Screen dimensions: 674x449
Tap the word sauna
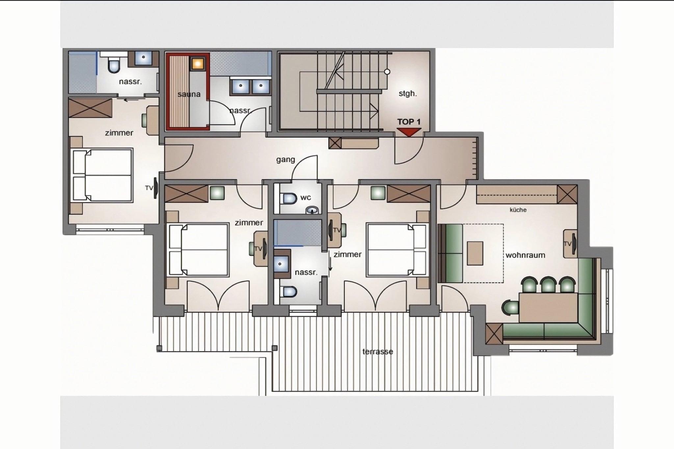pos(189,94)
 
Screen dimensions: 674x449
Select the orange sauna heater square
pos(198,63)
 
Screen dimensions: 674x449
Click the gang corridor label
pos(285,160)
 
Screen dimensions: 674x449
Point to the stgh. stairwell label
pos(408,93)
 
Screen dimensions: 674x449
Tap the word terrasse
pos(378,352)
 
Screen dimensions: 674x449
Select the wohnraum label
pos(525,255)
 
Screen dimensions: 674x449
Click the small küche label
pos(518,210)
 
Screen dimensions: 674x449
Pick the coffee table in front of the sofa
pos(475,253)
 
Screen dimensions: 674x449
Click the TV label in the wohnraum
pos(567,244)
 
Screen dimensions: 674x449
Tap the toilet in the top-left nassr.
pos(114,65)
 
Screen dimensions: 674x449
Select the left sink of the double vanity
pos(241,86)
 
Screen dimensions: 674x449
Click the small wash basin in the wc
pos(312,210)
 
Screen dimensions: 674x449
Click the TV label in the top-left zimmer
pos(149,188)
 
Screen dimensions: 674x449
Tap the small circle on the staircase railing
pos(387,72)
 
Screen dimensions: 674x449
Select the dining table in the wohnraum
pos(548,308)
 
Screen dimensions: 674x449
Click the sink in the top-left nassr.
pos(143,57)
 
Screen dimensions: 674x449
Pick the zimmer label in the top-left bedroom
pos(119,133)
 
